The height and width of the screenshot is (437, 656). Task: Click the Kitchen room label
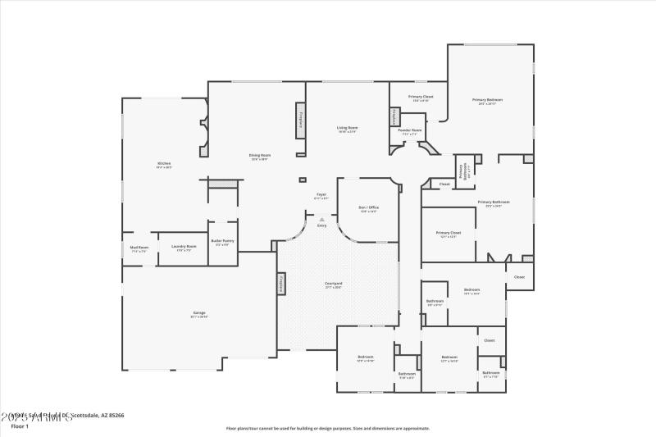click(164, 165)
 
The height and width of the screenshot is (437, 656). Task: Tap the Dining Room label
click(260, 157)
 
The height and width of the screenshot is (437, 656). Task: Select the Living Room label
click(348, 129)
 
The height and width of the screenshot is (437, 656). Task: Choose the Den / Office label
click(369, 209)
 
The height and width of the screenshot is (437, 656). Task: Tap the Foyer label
click(322, 196)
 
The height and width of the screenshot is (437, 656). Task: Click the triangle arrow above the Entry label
click(322, 219)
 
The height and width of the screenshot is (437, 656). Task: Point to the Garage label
click(199, 314)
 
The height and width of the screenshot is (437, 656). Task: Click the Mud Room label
click(139, 248)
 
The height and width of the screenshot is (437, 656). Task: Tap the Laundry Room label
click(184, 248)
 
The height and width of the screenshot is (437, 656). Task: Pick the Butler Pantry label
click(222, 242)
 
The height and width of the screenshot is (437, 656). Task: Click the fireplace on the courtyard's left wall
click(280, 284)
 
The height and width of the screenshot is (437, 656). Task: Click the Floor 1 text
click(20, 426)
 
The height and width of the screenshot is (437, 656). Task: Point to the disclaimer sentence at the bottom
click(328, 428)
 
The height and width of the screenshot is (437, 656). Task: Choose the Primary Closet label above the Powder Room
click(421, 98)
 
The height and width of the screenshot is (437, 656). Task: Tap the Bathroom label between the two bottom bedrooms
click(407, 375)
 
